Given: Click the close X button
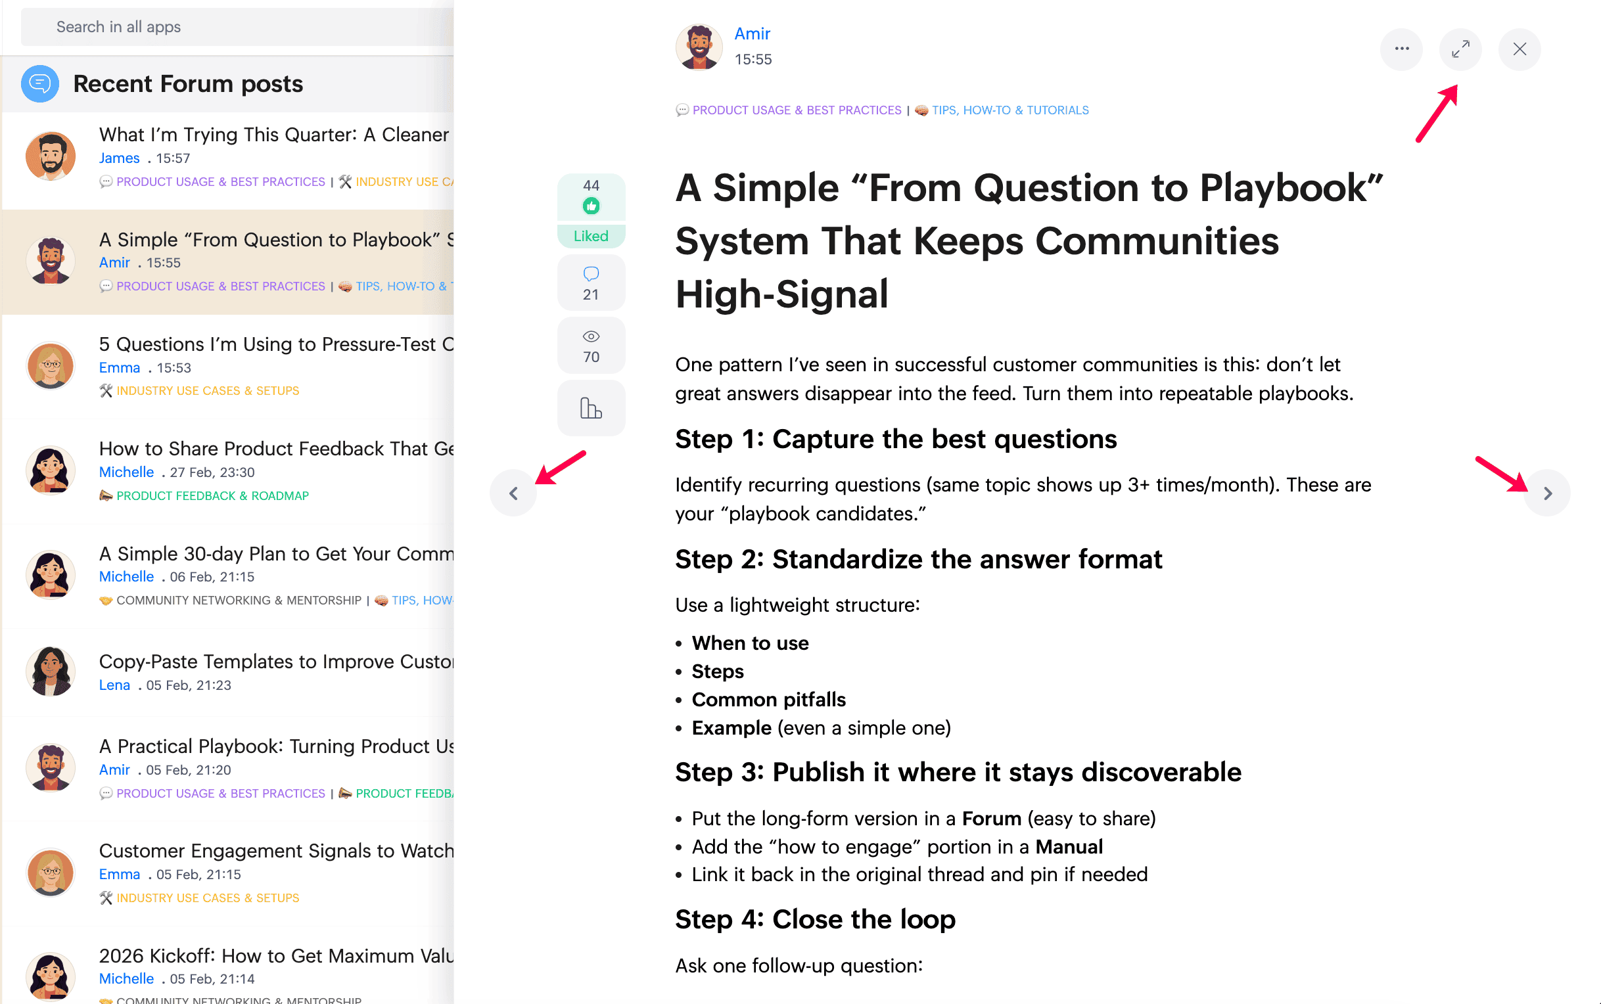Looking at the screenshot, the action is tap(1519, 49).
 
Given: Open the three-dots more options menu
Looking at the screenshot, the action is tap(1401, 49).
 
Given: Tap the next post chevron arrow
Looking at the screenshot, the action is tap(1546, 493).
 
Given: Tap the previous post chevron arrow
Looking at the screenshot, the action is tap(513, 493).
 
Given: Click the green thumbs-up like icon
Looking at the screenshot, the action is tap(591, 206).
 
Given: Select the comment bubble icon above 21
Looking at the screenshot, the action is tap(591, 273).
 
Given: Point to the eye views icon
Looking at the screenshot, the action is tap(591, 336).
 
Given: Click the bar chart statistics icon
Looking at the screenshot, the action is tap(591, 407).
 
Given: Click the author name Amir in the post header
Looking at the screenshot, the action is tap(752, 34).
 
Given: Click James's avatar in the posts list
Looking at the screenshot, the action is tap(51, 156).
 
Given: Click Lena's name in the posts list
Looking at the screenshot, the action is tap(114, 685).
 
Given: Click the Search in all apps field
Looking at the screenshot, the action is tap(237, 27).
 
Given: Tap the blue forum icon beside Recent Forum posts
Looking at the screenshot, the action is tap(40, 83).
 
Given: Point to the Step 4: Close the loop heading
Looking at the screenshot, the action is tap(815, 920).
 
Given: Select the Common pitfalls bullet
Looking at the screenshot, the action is tap(768, 700).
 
